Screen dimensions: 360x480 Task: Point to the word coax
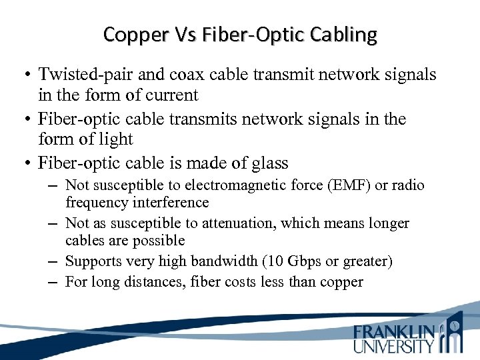point(176,74)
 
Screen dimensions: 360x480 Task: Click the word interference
point(169,203)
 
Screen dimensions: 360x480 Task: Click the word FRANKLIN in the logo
point(394,331)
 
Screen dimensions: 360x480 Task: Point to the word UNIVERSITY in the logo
point(393,345)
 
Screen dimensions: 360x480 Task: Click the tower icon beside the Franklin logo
point(453,331)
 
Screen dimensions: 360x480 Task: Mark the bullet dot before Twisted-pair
point(27,75)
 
